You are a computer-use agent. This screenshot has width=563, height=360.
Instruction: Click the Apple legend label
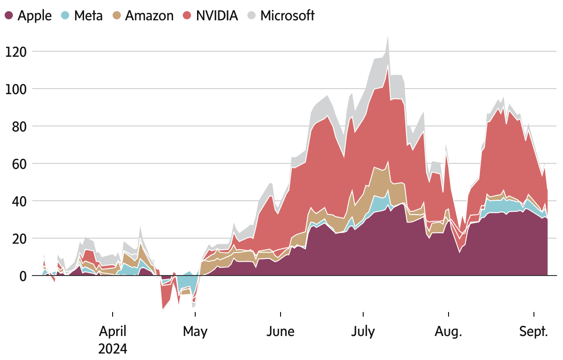click(35, 15)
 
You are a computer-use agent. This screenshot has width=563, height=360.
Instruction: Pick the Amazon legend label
click(150, 15)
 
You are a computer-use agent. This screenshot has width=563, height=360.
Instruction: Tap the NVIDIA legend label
click(216, 15)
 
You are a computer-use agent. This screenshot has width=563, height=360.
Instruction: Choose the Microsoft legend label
click(287, 15)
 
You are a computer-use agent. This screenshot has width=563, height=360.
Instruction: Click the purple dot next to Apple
click(9, 16)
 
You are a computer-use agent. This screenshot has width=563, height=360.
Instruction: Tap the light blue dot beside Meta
click(65, 16)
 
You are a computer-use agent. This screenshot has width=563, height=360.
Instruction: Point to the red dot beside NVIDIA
click(187, 16)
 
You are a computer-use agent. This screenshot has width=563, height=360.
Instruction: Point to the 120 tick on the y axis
click(16, 51)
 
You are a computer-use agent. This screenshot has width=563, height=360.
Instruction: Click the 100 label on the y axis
click(16, 89)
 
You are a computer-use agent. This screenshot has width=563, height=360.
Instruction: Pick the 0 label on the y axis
click(22, 276)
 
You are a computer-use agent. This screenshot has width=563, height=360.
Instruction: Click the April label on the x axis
click(113, 331)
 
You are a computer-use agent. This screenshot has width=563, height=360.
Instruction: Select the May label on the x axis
click(195, 331)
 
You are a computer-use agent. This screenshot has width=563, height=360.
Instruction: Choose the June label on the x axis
click(281, 331)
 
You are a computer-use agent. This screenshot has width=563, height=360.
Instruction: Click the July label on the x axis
click(363, 331)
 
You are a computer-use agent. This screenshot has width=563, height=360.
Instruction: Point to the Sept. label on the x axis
click(534, 331)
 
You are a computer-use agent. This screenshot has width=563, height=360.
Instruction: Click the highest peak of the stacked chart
click(388, 36)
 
